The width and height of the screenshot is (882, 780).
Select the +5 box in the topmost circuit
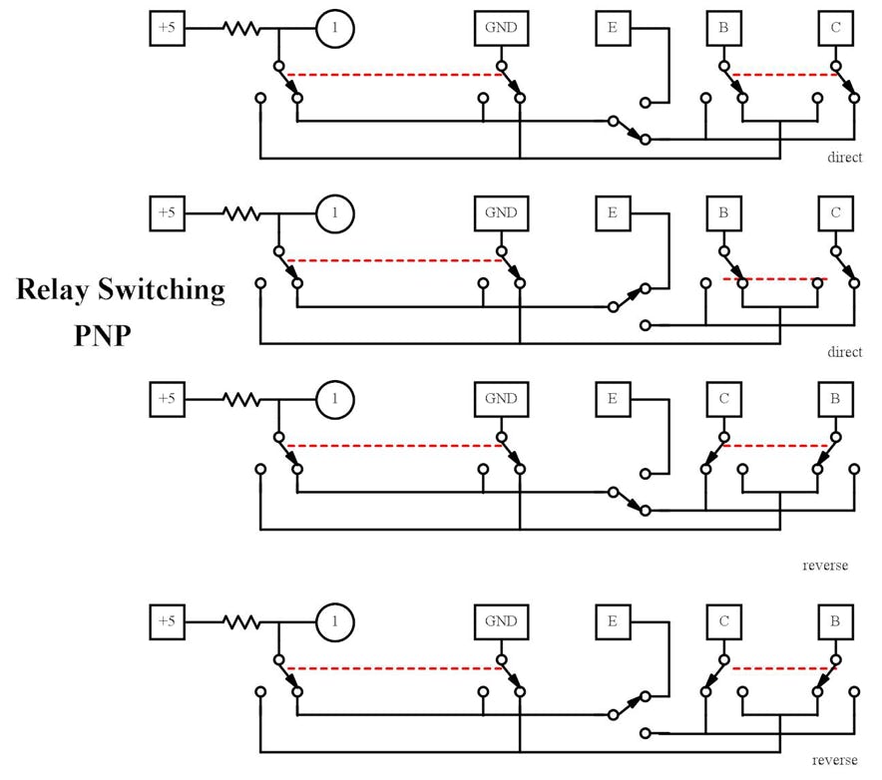pyautogui.click(x=166, y=28)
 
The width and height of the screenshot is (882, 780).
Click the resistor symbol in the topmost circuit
pyautogui.click(x=240, y=28)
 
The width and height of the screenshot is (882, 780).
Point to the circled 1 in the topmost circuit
pyautogui.click(x=335, y=28)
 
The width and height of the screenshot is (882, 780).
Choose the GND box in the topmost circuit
pyautogui.click(x=501, y=28)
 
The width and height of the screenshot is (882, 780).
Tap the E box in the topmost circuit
pyautogui.click(x=613, y=28)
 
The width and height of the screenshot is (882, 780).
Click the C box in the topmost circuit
pyautogui.click(x=836, y=28)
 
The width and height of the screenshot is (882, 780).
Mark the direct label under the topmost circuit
pyautogui.click(x=844, y=158)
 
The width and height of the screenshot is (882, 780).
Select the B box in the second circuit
pyautogui.click(x=724, y=212)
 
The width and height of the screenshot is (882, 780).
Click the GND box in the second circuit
pyautogui.click(x=501, y=212)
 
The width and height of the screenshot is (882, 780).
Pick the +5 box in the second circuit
pyautogui.click(x=166, y=212)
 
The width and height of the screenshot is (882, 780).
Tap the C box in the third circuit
pyautogui.click(x=724, y=399)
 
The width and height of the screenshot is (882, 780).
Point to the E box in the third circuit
pyautogui.click(x=613, y=399)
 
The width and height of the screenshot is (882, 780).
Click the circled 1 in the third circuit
pyautogui.click(x=335, y=399)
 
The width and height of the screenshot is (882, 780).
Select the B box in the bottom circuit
pyautogui.click(x=836, y=621)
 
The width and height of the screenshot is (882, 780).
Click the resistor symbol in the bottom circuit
pyautogui.click(x=240, y=621)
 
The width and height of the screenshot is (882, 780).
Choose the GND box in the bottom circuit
pyautogui.click(x=501, y=621)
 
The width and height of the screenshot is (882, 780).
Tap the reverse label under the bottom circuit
pyautogui.click(x=834, y=760)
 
